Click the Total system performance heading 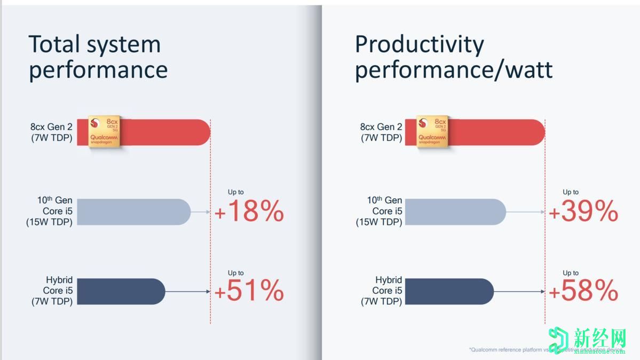point(98,57)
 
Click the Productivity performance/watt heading point(453,57)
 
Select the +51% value point(249,291)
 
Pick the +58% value point(583,291)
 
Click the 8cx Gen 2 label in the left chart point(52,132)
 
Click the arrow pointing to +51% point(188,292)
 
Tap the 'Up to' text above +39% point(571,192)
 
